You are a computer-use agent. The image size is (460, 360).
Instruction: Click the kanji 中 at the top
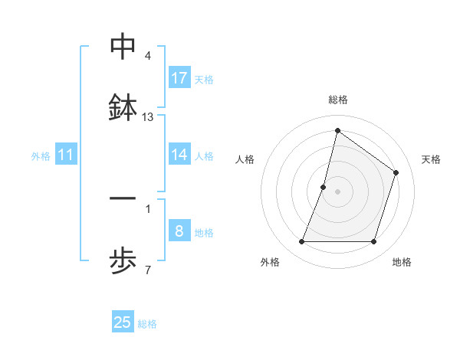click(x=123, y=47)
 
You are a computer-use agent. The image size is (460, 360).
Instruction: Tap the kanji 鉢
click(x=123, y=106)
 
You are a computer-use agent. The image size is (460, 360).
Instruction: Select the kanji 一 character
click(x=123, y=201)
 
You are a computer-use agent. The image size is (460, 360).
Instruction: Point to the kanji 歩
click(x=123, y=260)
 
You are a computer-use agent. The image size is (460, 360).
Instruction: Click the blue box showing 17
click(x=179, y=77)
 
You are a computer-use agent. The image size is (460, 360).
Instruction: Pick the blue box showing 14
click(x=179, y=155)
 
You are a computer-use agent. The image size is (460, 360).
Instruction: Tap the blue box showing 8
click(x=179, y=231)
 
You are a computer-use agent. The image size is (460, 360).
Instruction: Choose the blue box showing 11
click(x=66, y=155)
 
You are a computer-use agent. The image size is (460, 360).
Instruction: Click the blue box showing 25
click(x=123, y=322)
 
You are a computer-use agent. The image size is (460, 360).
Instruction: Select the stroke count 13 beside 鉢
click(x=148, y=117)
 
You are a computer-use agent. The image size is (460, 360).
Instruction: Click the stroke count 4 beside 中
click(x=148, y=57)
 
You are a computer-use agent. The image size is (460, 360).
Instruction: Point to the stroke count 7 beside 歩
click(x=148, y=270)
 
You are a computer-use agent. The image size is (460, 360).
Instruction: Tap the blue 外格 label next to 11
click(x=41, y=156)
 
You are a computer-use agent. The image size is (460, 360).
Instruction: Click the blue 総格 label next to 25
click(x=148, y=324)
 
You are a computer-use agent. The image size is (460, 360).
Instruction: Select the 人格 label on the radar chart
click(x=245, y=159)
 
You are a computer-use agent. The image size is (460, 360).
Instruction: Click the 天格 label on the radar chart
click(x=431, y=159)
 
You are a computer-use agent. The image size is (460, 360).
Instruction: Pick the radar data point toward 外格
click(x=301, y=242)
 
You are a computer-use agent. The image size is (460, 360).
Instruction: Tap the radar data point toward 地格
click(x=373, y=242)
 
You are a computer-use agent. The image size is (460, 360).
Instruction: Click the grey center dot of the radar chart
click(x=337, y=191)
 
